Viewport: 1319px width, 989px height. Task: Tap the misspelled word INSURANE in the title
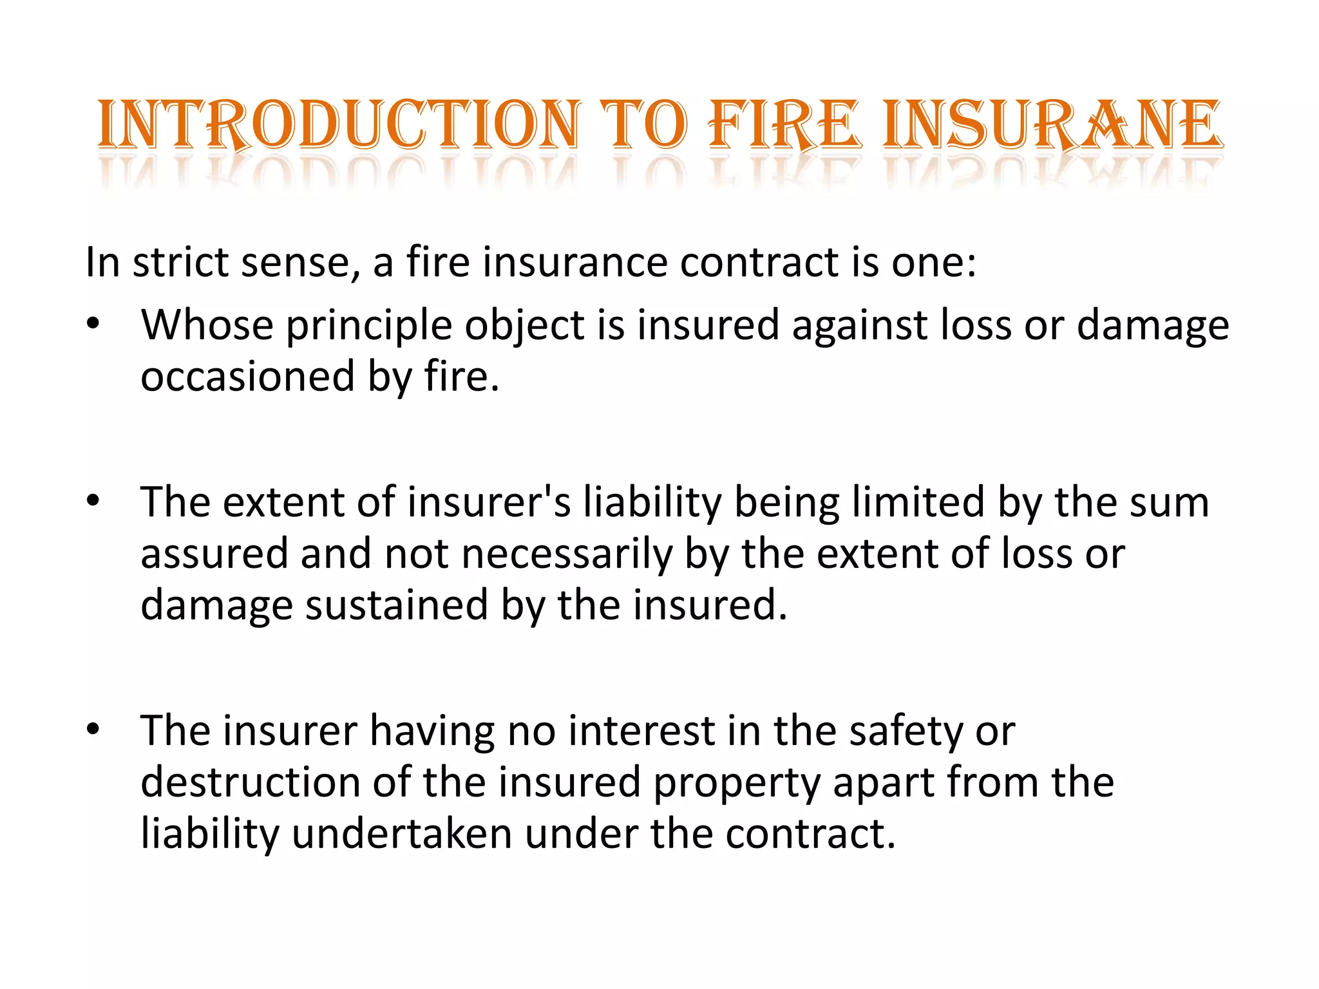pos(1052,124)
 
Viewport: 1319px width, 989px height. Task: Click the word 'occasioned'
pos(248,376)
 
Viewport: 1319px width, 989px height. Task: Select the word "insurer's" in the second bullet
pos(489,502)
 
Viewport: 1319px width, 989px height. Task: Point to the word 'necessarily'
pos(567,554)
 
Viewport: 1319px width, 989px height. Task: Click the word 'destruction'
pos(251,782)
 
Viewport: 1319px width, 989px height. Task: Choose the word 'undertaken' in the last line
pos(402,834)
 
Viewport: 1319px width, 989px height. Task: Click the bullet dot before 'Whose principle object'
pos(94,325)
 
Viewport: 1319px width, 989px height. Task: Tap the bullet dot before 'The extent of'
pos(94,502)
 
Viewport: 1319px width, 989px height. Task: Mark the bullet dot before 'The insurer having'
pos(94,730)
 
